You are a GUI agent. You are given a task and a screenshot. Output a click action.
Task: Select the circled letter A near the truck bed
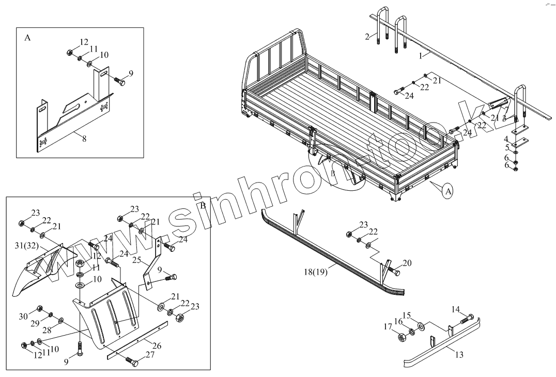point(448,191)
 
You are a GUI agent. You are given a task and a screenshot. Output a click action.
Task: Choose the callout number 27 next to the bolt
point(150,355)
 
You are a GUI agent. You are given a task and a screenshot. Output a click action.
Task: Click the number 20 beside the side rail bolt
point(407,263)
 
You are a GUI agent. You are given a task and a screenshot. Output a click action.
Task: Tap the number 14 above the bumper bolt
point(455,309)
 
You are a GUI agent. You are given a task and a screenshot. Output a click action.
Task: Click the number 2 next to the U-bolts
point(367,36)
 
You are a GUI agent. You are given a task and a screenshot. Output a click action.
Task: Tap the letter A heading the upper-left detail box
point(27,38)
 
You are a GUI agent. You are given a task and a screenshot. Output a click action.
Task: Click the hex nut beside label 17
point(401,337)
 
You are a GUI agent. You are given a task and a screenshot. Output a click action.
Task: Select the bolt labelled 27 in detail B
point(132,360)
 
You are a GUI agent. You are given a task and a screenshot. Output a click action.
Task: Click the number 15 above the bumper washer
point(406,315)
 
